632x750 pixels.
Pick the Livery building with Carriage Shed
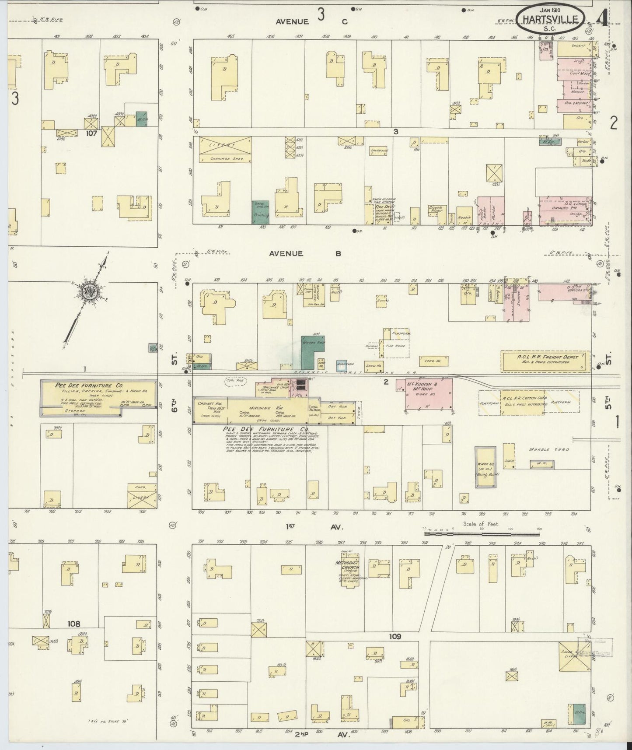click(x=225, y=150)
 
